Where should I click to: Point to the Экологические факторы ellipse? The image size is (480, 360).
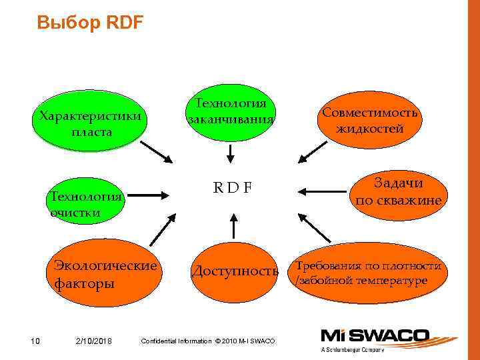tap(106, 274)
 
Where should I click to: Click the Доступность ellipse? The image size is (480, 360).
tap(234, 271)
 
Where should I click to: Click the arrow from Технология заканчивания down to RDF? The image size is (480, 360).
tap(230, 153)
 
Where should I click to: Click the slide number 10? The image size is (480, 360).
tap(36, 341)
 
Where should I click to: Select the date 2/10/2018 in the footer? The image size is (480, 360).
tap(94, 341)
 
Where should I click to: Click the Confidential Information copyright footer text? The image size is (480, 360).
tap(209, 341)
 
